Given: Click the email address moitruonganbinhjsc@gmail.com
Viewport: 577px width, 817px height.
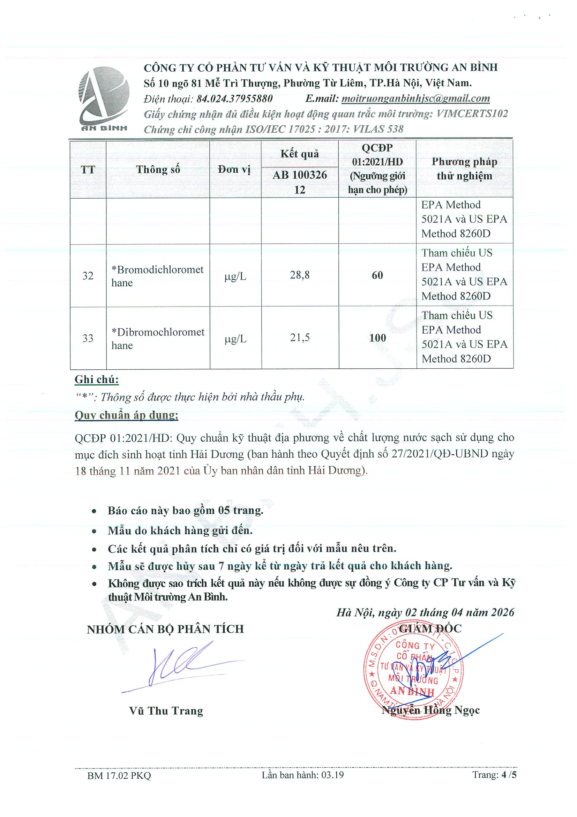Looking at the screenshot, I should click(x=415, y=98).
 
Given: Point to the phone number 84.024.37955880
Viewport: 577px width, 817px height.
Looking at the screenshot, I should click(x=235, y=98).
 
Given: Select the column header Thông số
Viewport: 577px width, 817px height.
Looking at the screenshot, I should click(x=158, y=169).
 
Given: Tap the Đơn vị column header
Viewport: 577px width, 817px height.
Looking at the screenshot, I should click(x=235, y=169).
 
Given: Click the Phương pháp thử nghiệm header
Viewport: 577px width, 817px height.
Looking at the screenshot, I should click(x=464, y=169).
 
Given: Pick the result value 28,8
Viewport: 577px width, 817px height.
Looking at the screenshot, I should click(x=300, y=275).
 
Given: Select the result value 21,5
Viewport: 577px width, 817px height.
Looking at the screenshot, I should click(x=300, y=338).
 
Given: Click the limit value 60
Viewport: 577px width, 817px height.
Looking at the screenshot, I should click(x=377, y=275).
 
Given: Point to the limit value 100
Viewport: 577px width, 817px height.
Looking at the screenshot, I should click(x=377, y=338).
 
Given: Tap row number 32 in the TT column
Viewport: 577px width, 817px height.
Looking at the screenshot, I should click(x=88, y=276).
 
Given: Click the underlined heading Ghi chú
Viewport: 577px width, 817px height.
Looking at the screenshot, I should click(x=96, y=380).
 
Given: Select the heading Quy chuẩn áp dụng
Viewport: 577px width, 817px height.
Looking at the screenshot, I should click(x=126, y=415).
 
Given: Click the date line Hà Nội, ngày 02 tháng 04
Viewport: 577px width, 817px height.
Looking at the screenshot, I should click(x=425, y=612).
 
